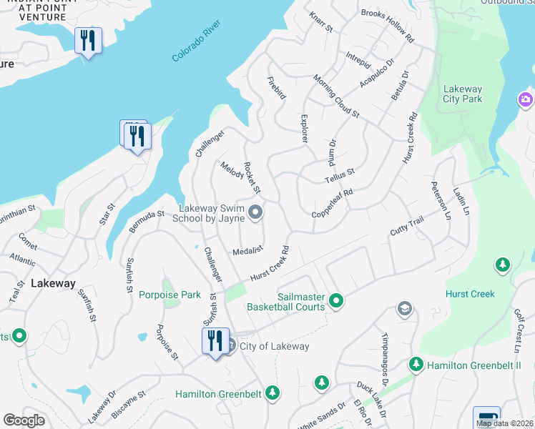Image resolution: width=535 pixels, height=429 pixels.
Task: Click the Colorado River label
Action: (197, 42)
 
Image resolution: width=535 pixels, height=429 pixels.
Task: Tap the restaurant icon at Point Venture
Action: (88, 40)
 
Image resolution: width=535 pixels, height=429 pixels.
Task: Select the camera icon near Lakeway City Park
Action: (526, 99)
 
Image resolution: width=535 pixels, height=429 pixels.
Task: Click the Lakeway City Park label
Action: (462, 94)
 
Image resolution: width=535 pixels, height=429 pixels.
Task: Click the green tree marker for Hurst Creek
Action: (503, 266)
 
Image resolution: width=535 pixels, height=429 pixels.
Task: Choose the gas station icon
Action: (486, 418)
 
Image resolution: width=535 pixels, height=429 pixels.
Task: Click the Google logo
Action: (24, 420)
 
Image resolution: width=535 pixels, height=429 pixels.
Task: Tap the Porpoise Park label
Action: (170, 294)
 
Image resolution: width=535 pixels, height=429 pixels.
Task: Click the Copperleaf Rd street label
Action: (333, 204)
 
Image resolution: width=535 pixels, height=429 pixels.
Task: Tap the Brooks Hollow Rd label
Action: (388, 23)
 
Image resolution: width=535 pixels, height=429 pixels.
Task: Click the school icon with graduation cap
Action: (404, 308)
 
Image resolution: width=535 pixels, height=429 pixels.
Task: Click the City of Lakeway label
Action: (275, 346)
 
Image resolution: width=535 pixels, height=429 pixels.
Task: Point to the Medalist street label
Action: (248, 251)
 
